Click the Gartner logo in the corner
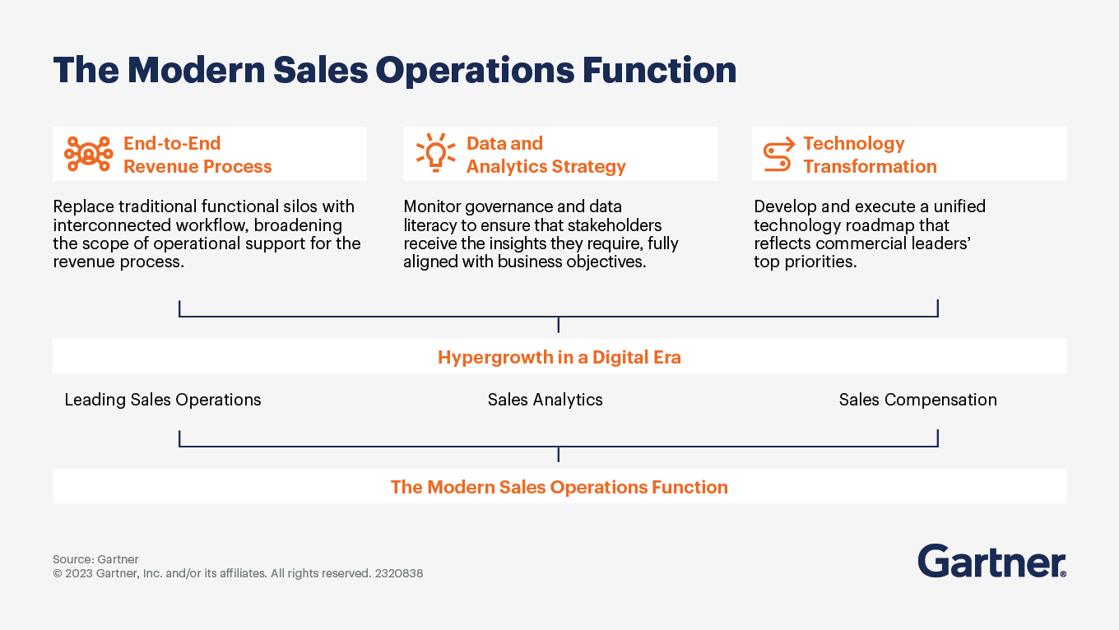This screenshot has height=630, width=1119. tap(991, 561)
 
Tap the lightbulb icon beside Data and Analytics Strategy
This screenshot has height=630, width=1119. tap(435, 153)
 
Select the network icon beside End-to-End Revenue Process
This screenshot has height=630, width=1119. tap(88, 154)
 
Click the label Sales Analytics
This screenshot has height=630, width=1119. tap(545, 400)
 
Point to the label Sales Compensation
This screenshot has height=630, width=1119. tap(917, 400)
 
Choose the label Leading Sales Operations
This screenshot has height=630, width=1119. tap(162, 400)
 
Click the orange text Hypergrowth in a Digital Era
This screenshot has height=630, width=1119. tap(559, 358)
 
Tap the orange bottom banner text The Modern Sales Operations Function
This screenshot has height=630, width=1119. tap(559, 487)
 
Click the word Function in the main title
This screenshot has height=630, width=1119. tap(659, 70)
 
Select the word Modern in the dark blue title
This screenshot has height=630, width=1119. tap(196, 70)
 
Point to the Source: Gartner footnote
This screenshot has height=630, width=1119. tap(95, 559)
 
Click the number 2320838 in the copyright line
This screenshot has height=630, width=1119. tap(398, 573)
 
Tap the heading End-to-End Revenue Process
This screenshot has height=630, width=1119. tap(197, 155)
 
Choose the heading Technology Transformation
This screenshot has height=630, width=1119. tap(870, 155)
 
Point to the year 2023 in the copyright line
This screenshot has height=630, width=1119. tap(78, 573)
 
